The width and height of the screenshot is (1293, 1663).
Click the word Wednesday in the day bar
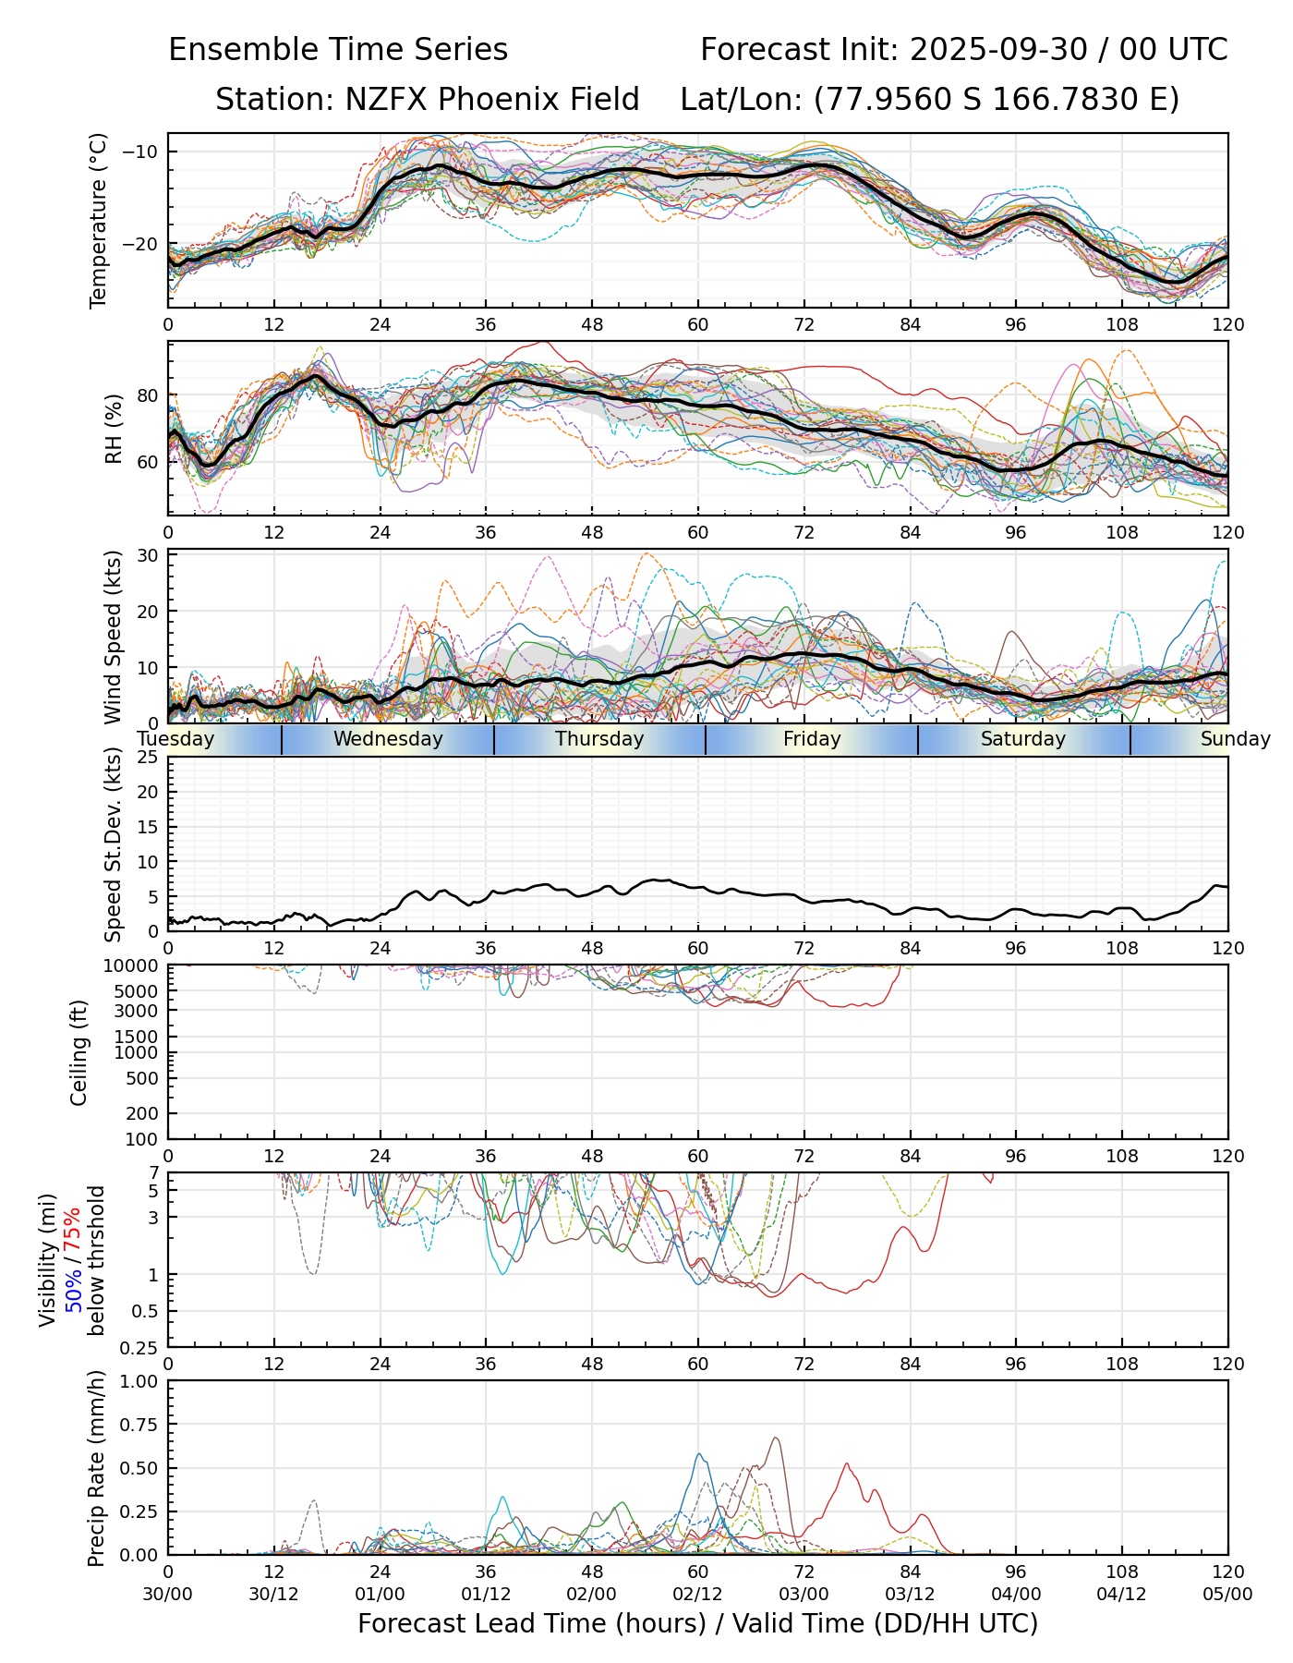(388, 739)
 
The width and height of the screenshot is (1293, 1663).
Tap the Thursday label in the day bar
(599, 739)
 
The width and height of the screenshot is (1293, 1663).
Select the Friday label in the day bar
(812, 739)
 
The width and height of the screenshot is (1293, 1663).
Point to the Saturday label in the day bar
(1023, 739)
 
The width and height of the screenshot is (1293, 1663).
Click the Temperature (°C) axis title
(99, 220)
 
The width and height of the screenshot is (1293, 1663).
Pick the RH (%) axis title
(114, 429)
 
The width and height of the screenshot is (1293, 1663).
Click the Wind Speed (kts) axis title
(113, 637)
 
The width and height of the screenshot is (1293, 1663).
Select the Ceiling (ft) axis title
(79, 1052)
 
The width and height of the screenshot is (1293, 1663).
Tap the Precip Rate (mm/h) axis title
(96, 1468)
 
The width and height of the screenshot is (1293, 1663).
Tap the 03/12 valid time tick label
(910, 1594)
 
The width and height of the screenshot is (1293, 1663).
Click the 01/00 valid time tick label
(380, 1594)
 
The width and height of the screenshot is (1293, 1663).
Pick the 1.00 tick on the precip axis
(139, 1381)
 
